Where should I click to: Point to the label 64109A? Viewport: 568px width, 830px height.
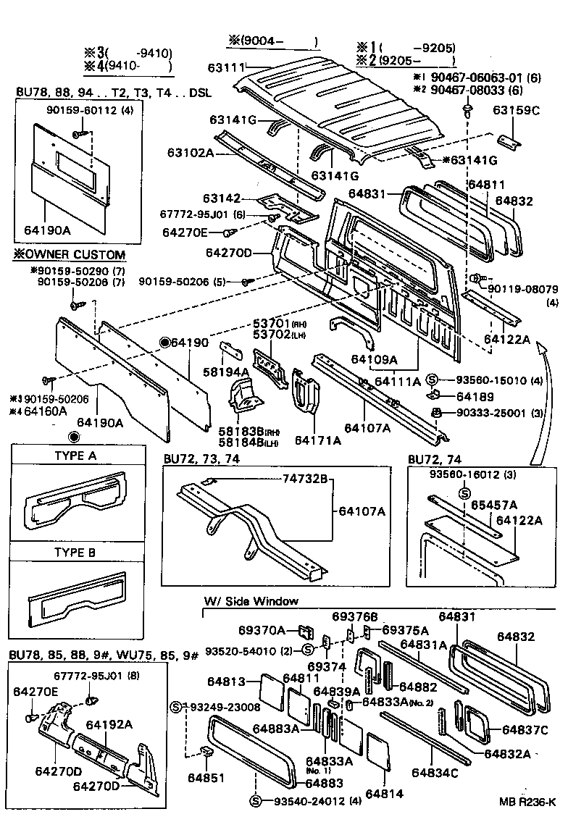[374, 358]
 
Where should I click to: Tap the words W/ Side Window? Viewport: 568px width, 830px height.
[251, 601]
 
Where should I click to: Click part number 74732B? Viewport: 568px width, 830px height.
[305, 479]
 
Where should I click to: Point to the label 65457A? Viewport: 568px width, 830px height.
[493, 504]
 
